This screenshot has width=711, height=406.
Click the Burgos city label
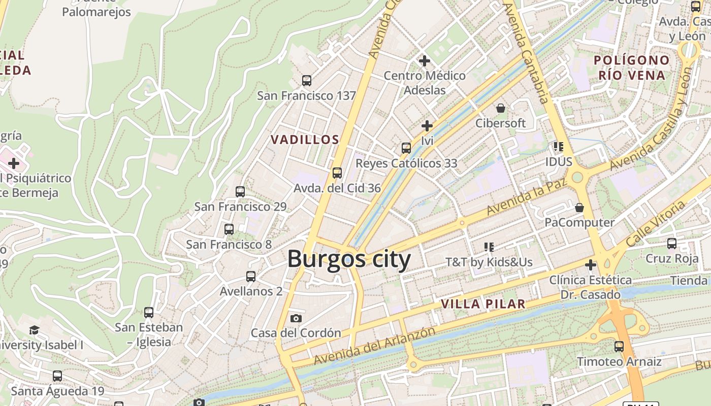(x=349, y=259)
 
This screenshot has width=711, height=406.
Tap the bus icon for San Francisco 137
(x=307, y=80)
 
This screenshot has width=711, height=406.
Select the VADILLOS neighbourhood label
(x=305, y=140)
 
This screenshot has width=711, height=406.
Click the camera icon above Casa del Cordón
(x=296, y=319)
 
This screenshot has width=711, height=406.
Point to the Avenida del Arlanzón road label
(x=374, y=346)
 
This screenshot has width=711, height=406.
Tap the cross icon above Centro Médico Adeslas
(x=424, y=61)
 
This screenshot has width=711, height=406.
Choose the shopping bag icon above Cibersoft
(x=501, y=108)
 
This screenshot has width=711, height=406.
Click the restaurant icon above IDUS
(x=559, y=147)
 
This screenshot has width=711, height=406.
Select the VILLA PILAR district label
(x=482, y=304)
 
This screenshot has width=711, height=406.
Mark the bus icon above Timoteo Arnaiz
(x=619, y=347)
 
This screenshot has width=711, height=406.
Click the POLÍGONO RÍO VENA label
(x=631, y=68)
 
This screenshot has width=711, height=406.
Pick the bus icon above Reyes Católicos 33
(x=406, y=148)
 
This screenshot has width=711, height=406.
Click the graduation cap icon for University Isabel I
(x=34, y=330)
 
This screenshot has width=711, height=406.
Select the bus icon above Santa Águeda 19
(x=57, y=376)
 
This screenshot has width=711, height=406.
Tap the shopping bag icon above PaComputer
(x=579, y=208)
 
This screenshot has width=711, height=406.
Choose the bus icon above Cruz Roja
(x=672, y=244)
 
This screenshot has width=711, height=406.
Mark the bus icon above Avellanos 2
(x=251, y=277)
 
